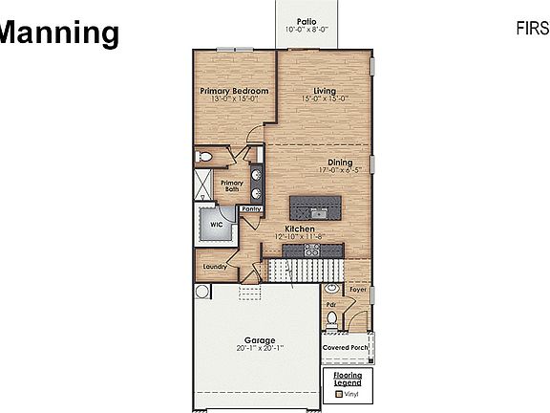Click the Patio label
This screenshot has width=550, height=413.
click(x=306, y=20)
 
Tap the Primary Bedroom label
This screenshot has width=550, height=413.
click(x=233, y=91)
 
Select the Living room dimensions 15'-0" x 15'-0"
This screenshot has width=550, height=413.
click(x=325, y=98)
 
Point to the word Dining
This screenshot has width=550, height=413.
click(x=340, y=162)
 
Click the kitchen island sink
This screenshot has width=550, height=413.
click(x=317, y=206)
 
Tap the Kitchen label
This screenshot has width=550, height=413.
click(x=299, y=228)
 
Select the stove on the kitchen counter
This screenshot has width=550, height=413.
click(x=311, y=250)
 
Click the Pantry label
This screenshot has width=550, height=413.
click(x=252, y=207)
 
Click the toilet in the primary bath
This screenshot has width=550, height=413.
click(x=202, y=156)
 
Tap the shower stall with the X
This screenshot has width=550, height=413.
click(x=205, y=185)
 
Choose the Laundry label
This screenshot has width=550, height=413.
click(x=214, y=267)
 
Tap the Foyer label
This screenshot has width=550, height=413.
click(x=357, y=288)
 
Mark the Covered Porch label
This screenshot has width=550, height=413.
click(x=347, y=347)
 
